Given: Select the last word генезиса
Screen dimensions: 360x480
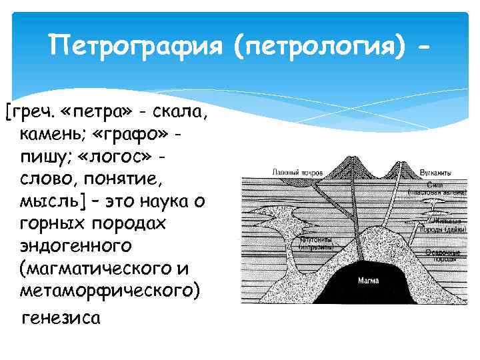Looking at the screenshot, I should click(x=61, y=317).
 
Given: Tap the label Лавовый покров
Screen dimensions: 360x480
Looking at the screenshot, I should click(x=297, y=172).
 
